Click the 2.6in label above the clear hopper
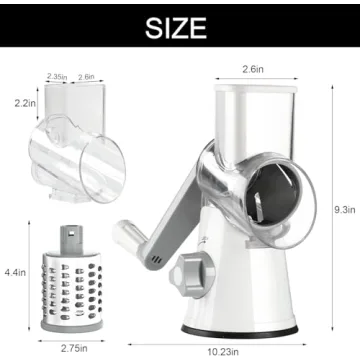tap(86, 76)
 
